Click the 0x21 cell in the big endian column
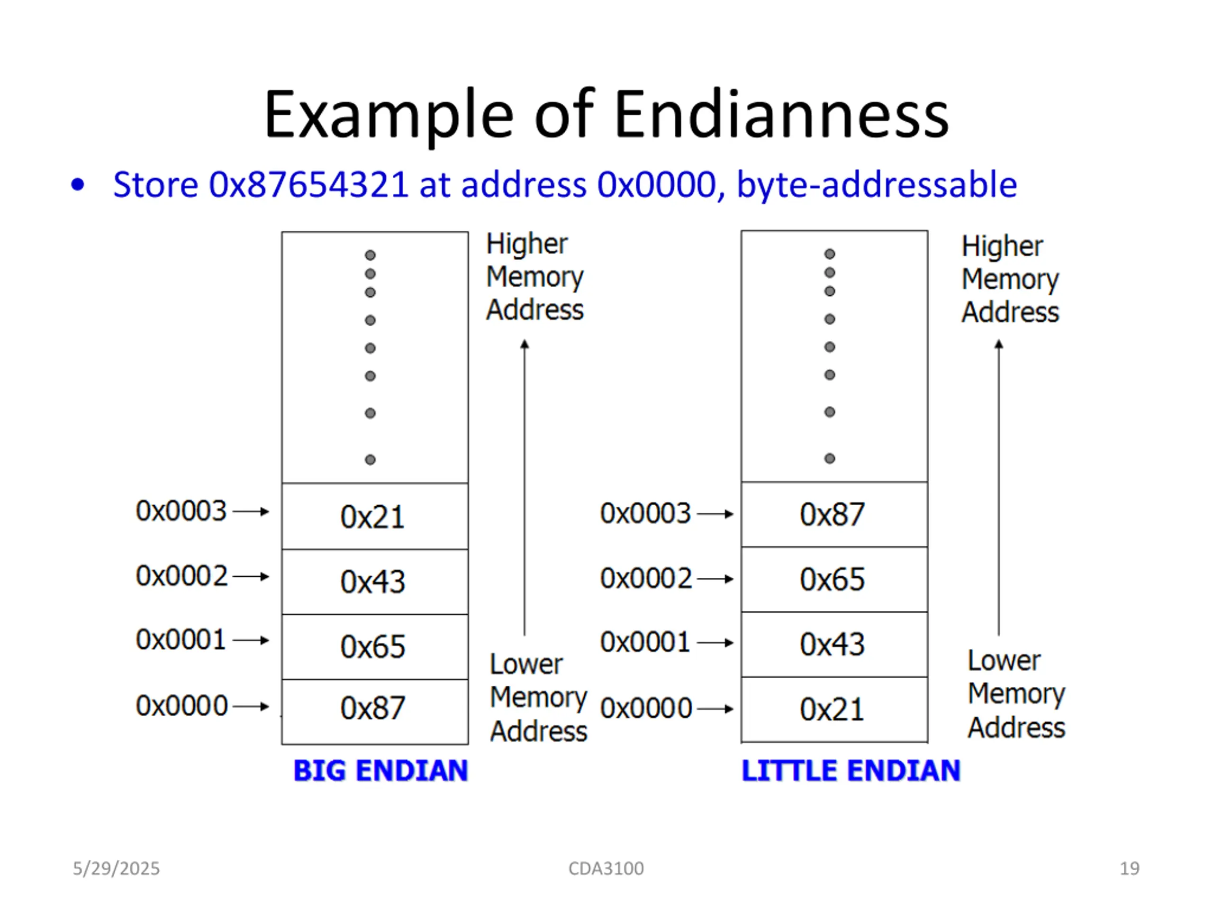375,516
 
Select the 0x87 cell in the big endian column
375,711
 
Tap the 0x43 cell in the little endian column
834,644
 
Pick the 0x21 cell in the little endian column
834,709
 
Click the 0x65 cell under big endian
375,646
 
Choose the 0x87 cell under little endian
834,515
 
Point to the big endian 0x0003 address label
181,510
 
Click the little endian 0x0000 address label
646,708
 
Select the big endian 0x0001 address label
181,639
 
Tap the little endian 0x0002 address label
646,578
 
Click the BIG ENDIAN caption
380,770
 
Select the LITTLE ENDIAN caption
851,770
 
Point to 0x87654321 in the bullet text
308,184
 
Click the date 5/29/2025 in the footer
116,868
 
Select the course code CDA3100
606,868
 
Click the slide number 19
1130,868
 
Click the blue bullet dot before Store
78,185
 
